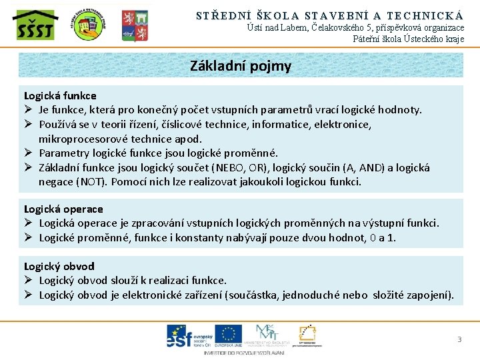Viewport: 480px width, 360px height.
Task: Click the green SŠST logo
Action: pos(35,25)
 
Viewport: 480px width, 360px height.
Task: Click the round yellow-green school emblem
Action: pos(89,25)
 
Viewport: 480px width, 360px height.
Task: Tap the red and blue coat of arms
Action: pos(134,25)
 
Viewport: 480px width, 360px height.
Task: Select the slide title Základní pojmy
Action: pos(240,66)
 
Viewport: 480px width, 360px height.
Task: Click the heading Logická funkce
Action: pos(60,95)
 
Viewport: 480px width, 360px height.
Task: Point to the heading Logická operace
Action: pos(63,209)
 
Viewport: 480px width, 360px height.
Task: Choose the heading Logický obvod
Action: pos(59,266)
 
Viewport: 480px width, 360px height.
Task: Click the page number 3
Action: pos(459,340)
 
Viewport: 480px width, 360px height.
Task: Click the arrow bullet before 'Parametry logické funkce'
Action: pos(29,153)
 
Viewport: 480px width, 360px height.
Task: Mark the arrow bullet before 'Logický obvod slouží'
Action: pos(29,280)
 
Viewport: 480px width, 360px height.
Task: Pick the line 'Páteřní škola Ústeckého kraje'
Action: pos(408,39)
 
